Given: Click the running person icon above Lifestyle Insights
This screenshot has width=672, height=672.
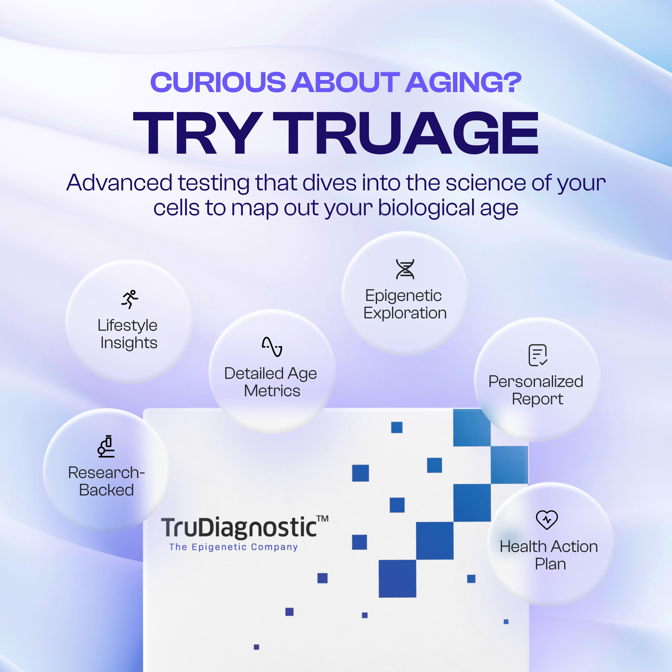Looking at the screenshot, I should pyautogui.click(x=130, y=299).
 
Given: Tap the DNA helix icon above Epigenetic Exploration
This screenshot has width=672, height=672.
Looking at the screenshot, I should pyautogui.click(x=405, y=269).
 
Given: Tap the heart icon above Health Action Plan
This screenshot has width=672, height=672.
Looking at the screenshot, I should pyautogui.click(x=547, y=520).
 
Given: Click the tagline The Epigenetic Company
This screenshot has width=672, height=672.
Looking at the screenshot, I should pyautogui.click(x=233, y=547).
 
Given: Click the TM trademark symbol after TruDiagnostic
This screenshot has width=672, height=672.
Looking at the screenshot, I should pyautogui.click(x=323, y=519).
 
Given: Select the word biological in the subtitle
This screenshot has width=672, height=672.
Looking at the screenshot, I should pyautogui.click(x=426, y=208).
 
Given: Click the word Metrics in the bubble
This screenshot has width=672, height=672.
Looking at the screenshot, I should pyautogui.click(x=272, y=391).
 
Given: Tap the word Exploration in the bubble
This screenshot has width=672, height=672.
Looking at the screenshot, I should pyautogui.click(x=405, y=313).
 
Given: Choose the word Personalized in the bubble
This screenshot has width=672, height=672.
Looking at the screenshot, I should pyautogui.click(x=536, y=382).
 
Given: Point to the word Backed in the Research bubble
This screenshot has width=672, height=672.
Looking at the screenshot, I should pyautogui.click(x=106, y=490).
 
